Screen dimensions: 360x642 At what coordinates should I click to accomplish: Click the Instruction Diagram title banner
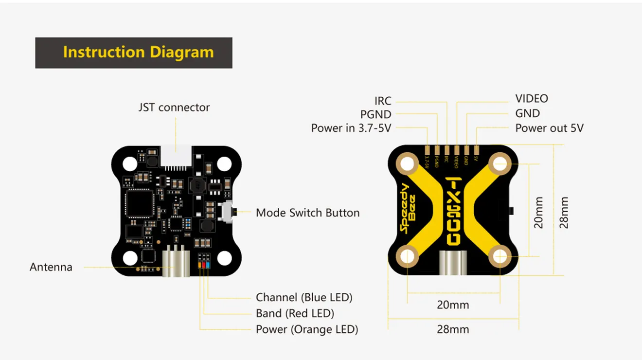tap(134, 53)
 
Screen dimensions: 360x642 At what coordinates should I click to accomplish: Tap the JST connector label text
tap(174, 108)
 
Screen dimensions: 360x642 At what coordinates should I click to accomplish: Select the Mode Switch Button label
tap(307, 213)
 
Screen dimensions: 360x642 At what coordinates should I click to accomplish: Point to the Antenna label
tap(51, 267)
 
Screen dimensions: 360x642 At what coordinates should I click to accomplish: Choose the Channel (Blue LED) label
tap(304, 297)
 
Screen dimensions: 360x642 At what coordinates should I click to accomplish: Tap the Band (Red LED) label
tap(295, 313)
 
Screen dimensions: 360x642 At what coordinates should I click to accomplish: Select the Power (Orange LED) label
tap(307, 329)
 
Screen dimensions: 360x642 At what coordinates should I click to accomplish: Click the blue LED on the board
tap(208, 265)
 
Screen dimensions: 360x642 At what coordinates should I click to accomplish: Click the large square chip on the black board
tap(139, 204)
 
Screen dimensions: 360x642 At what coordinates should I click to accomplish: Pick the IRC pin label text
tap(383, 101)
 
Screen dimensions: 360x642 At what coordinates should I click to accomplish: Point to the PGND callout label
tap(376, 115)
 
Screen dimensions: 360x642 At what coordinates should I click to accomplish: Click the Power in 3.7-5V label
tap(351, 128)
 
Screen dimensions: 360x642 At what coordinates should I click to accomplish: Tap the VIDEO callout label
tap(532, 99)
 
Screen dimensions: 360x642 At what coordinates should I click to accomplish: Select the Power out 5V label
tap(549, 128)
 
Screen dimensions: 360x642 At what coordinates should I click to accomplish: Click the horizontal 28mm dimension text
tap(453, 329)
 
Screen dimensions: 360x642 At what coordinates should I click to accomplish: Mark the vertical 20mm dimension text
tap(538, 213)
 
